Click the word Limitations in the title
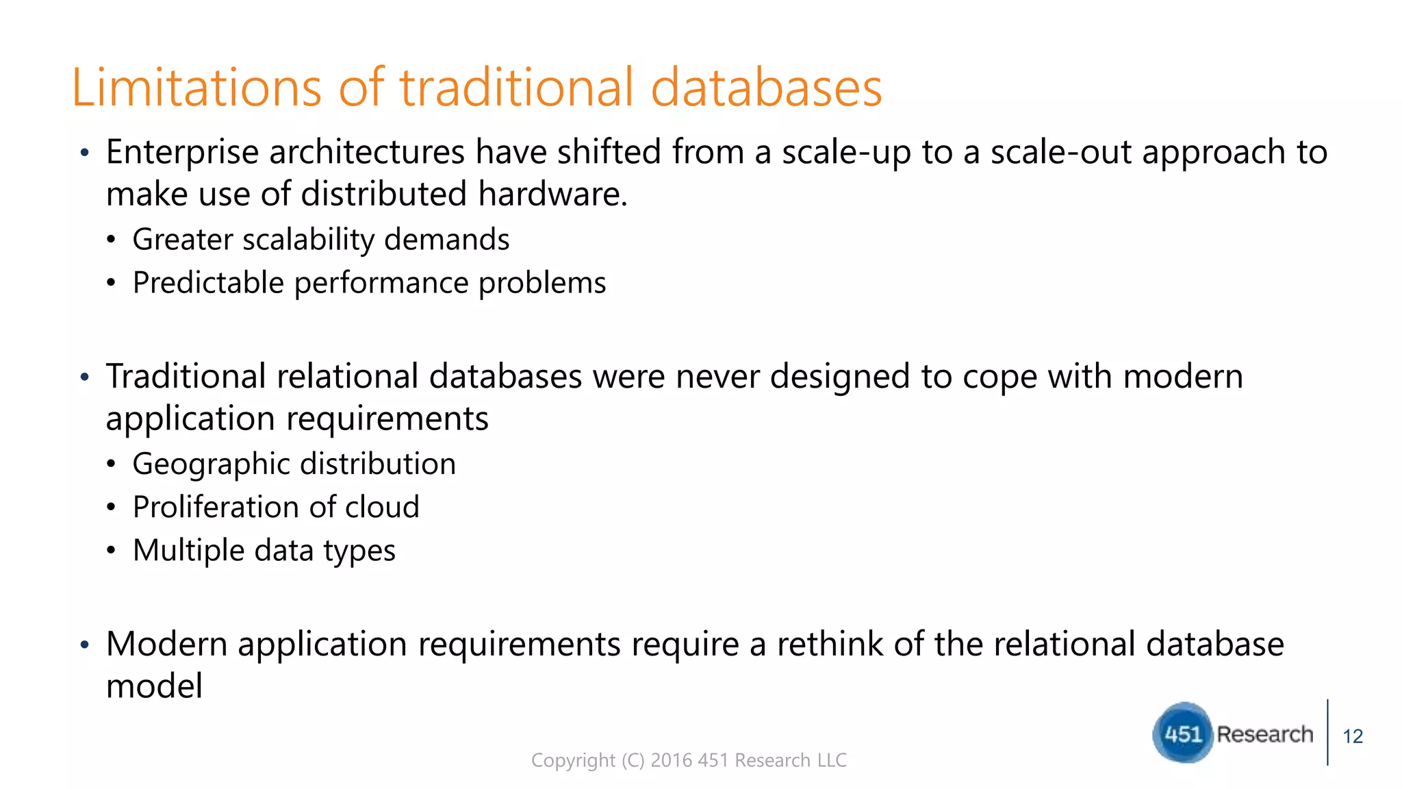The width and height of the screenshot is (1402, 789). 196,88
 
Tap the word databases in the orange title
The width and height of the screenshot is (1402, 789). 766,88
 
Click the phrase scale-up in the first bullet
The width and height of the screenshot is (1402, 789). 846,152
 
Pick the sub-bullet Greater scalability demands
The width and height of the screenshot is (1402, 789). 320,240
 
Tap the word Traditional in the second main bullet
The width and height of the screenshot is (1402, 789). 186,377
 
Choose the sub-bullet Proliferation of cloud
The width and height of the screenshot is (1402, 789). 276,508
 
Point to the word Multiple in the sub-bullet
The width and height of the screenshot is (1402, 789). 188,551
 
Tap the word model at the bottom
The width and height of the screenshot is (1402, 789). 154,686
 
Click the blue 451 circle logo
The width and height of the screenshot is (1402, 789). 1182,734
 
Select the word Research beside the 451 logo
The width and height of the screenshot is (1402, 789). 1264,734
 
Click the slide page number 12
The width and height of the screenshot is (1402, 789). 1353,737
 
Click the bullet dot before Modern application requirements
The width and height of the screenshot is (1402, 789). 85,645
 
